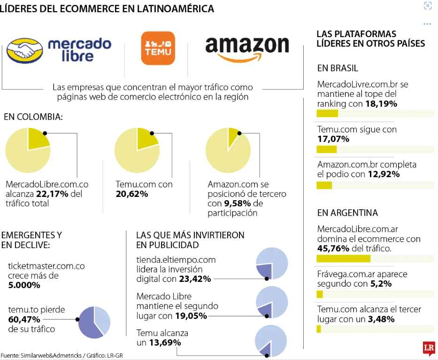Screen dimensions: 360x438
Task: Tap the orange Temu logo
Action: pyautogui.click(x=158, y=48)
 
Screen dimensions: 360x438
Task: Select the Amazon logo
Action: pyautogui.click(x=247, y=49)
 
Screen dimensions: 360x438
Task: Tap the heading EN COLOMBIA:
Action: pyautogui.click(x=33, y=117)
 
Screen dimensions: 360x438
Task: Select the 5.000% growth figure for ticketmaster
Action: pyautogui.click(x=24, y=285)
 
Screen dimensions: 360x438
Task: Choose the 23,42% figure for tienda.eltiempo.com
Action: pyautogui.click(x=195, y=279)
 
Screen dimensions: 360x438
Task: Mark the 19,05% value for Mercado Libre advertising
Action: pyautogui.click(x=191, y=316)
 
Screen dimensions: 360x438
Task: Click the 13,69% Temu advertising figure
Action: pyautogui.click(x=165, y=343)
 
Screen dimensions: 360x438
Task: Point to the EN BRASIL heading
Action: pyautogui.click(x=338, y=68)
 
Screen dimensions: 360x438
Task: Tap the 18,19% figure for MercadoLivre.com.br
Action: pyautogui.click(x=381, y=103)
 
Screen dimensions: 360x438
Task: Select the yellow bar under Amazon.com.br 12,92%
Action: pyautogui.click(x=324, y=185)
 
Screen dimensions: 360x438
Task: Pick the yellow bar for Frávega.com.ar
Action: pyautogui.click(x=320, y=294)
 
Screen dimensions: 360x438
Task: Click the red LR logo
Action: pyautogui.click(x=428, y=348)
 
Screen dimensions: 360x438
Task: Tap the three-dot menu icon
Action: pyautogui.click(x=427, y=23)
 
